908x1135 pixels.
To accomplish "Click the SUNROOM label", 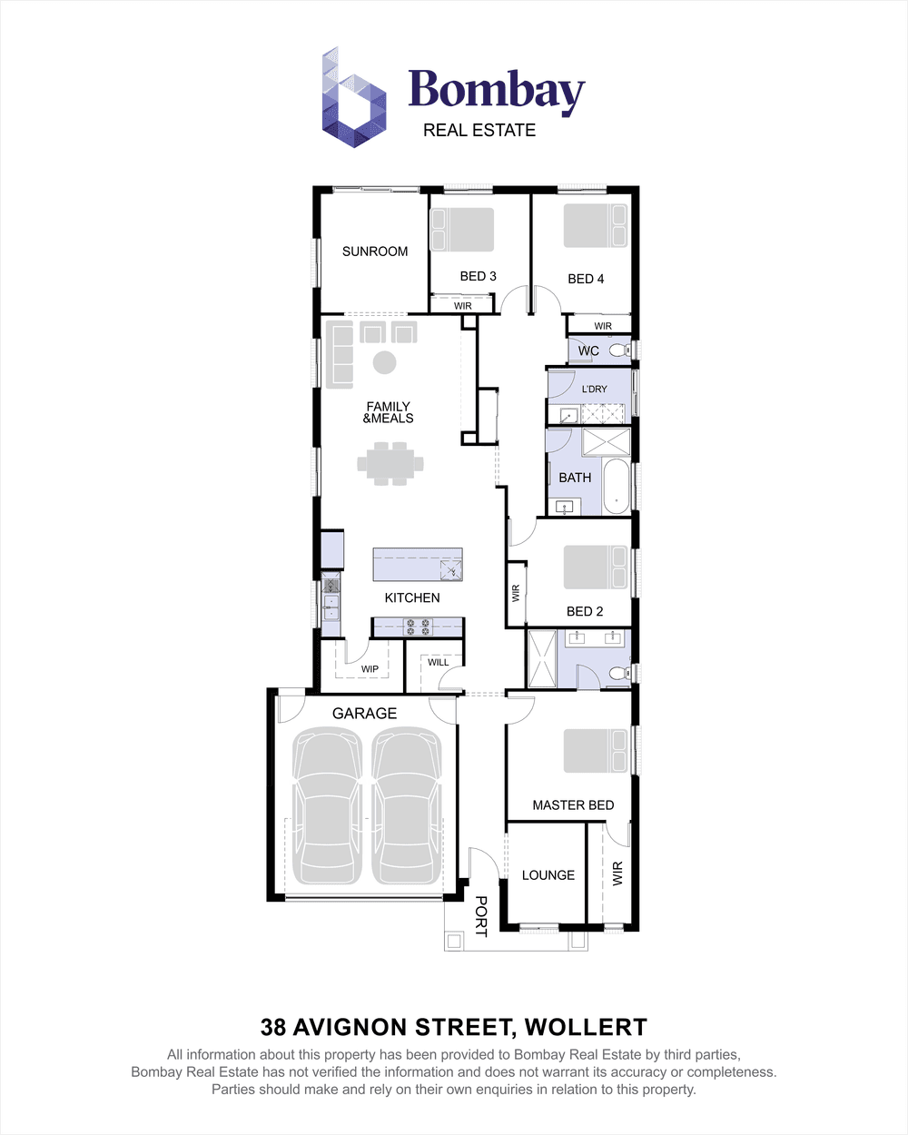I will [x=375, y=252].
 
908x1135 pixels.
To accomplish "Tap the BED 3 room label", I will [x=478, y=276].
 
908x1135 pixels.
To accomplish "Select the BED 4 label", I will [x=586, y=279].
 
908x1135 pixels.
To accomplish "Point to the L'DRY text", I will [x=595, y=390].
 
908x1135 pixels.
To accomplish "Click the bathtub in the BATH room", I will [x=617, y=488].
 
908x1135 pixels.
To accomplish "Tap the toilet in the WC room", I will [x=619, y=350].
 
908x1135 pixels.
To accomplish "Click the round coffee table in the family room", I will [x=385, y=362].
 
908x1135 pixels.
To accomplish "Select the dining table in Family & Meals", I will [x=390, y=463].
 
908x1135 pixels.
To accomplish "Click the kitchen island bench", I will [x=418, y=564].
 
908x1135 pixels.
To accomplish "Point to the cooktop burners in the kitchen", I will [x=418, y=627].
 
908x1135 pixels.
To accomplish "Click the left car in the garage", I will [x=327, y=808].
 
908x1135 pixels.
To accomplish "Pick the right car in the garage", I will [x=408, y=808].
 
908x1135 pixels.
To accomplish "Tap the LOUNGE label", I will [x=548, y=875].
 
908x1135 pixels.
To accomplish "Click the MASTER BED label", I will [x=573, y=805].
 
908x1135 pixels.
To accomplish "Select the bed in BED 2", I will [x=596, y=567].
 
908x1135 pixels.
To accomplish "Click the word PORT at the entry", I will [x=481, y=916].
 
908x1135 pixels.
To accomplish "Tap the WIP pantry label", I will [x=370, y=669].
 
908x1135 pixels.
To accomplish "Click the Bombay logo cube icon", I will [x=354, y=98].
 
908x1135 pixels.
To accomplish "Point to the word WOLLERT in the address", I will [x=586, y=1028].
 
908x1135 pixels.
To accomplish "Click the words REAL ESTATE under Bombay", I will [x=479, y=131].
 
